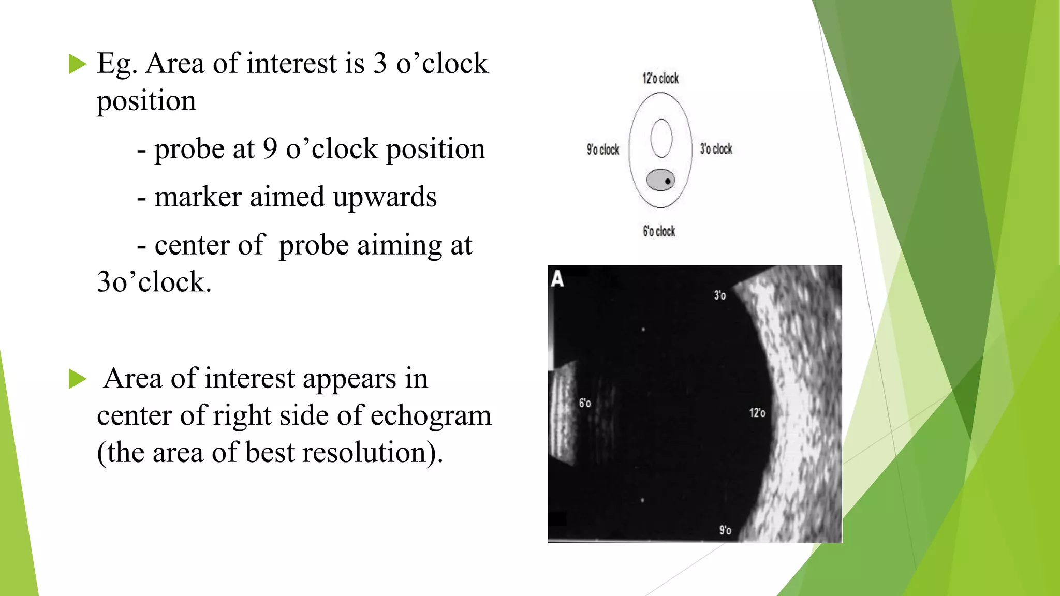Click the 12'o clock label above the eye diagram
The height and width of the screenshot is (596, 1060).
tap(660, 79)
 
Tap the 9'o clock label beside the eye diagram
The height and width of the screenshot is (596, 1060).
tap(602, 150)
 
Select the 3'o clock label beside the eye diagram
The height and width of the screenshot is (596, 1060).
tap(716, 149)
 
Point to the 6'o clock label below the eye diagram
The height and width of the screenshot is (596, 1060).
tap(659, 231)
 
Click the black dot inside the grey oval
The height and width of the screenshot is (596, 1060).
tap(668, 181)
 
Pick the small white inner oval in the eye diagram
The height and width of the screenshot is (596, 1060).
tap(661, 138)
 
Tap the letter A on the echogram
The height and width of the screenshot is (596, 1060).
tap(557, 279)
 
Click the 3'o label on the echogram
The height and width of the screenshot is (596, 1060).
tap(719, 295)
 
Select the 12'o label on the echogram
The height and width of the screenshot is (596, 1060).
tap(757, 413)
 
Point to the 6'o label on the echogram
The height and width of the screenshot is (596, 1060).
tap(584, 403)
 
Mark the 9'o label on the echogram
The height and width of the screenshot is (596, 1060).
tap(725, 530)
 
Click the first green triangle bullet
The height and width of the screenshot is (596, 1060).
tap(77, 65)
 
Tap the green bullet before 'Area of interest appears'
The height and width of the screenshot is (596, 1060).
tap(77, 379)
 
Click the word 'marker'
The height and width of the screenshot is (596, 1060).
tap(198, 197)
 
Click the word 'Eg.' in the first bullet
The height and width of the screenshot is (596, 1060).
tap(117, 65)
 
